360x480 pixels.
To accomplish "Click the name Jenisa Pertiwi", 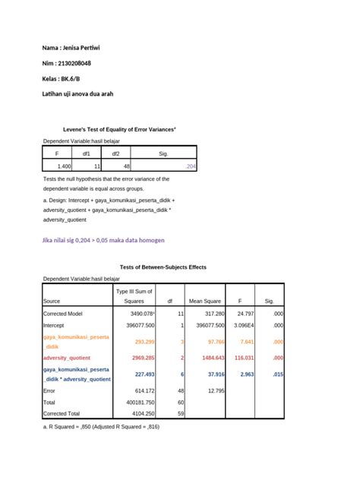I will [x=83, y=48].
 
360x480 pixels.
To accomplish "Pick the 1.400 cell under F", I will [x=64, y=165].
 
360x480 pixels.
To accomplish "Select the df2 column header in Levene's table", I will [x=115, y=153].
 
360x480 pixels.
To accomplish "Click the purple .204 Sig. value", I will [x=190, y=165].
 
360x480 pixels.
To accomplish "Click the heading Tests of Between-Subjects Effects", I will [x=163, y=267].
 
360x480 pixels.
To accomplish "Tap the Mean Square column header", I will [x=204, y=301].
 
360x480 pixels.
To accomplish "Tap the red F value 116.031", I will [x=244, y=357].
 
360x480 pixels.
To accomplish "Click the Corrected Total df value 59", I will [x=180, y=414].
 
